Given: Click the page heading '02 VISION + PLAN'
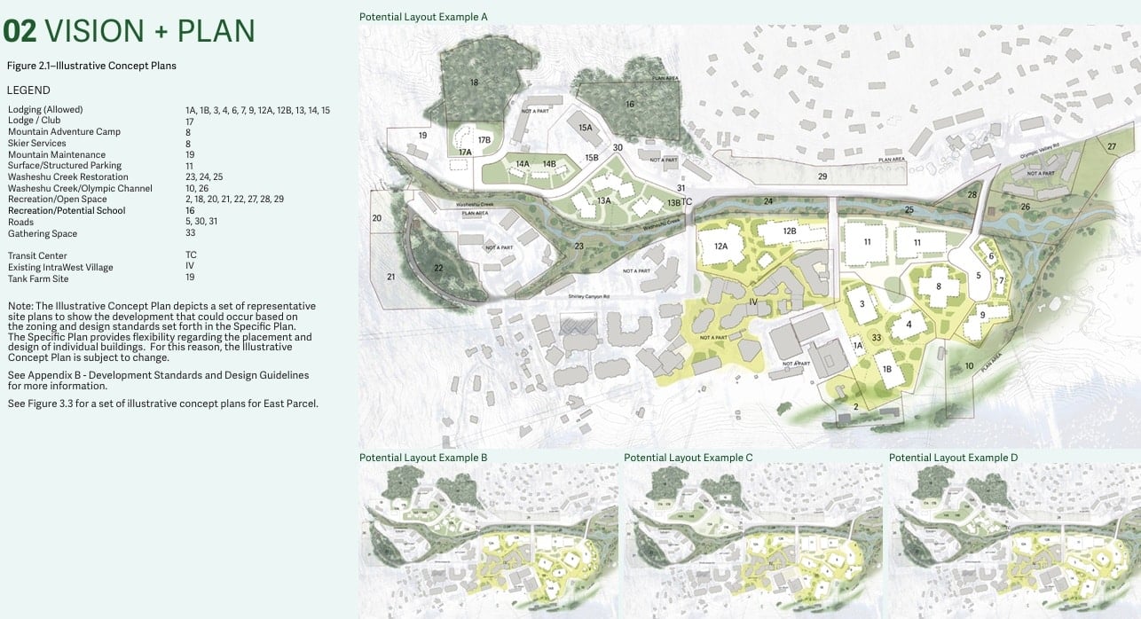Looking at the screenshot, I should point(129,31).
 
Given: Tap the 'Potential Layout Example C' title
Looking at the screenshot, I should point(689,458).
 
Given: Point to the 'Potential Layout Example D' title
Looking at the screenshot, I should point(954,458).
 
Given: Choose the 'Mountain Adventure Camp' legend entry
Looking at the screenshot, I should point(51,132).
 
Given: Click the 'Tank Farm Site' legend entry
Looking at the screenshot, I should point(38,278).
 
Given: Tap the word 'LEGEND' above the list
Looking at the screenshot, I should point(28,90).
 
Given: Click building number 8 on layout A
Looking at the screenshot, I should point(938,286).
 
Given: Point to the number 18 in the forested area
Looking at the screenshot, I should point(475,82).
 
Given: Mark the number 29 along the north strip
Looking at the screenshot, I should point(822,177).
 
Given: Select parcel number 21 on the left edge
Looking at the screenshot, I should point(391,278).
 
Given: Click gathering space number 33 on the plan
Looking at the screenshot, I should point(876,337).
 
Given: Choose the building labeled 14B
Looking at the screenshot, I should point(549,164).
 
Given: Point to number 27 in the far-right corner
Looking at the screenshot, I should point(1113,146).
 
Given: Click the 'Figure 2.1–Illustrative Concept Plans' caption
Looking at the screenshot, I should point(91,66).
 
